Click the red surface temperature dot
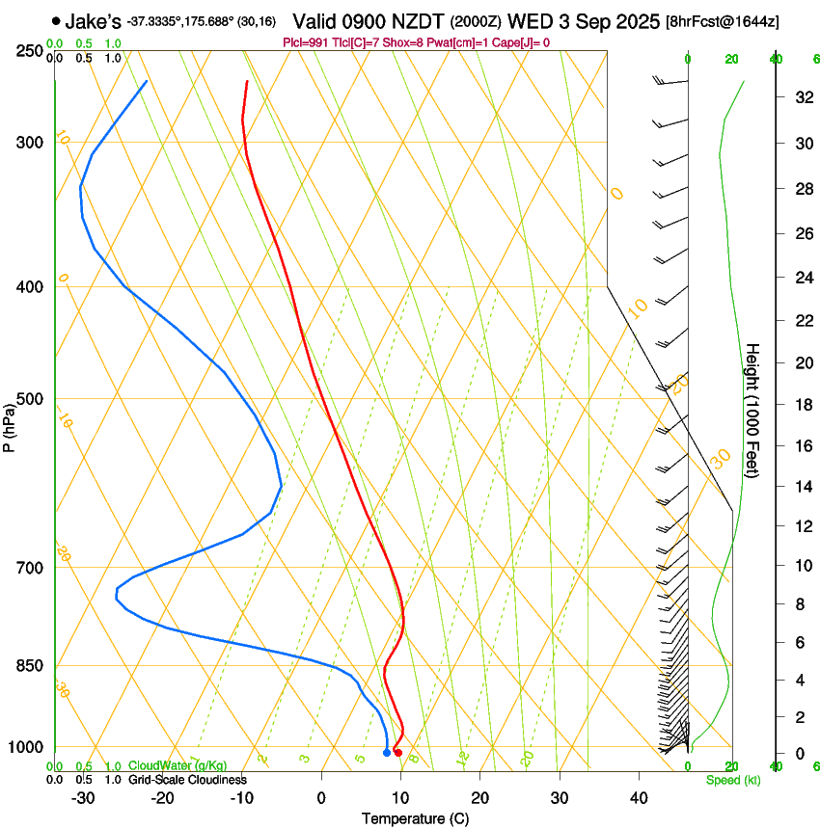coord(398,752)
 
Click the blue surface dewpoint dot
coord(387,752)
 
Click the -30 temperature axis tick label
coord(83,798)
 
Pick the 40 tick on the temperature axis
coord(639,798)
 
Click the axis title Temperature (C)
coord(415,819)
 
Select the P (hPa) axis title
coord(10,423)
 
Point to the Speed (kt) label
coord(733,780)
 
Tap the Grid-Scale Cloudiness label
coord(187,780)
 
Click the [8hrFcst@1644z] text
coord(724,21)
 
